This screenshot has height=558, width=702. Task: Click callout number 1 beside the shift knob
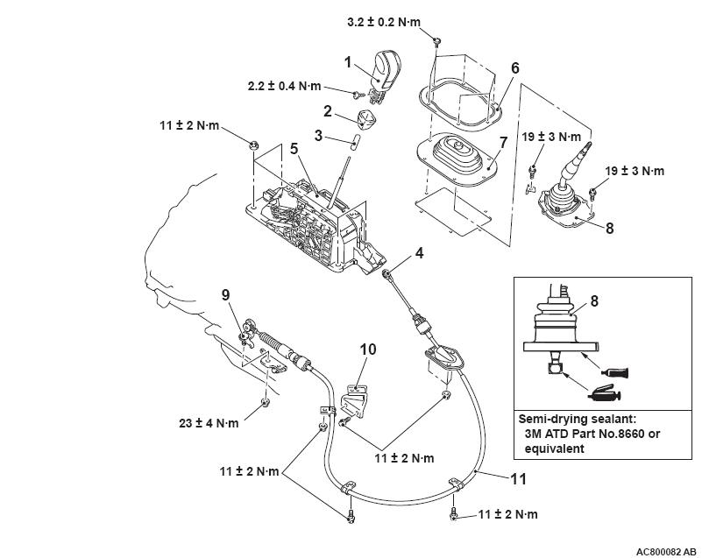tap(348, 63)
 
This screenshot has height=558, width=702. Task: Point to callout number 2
tap(328, 112)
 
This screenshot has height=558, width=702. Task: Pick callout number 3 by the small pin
tap(321, 137)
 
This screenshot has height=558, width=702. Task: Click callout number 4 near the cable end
tap(420, 254)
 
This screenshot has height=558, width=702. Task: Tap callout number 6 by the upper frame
tap(515, 67)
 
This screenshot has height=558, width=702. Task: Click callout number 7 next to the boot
tap(502, 142)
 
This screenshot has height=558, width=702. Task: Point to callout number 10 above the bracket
tap(368, 350)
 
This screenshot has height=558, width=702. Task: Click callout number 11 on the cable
tap(521, 478)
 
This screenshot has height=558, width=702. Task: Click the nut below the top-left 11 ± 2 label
tap(253, 145)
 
